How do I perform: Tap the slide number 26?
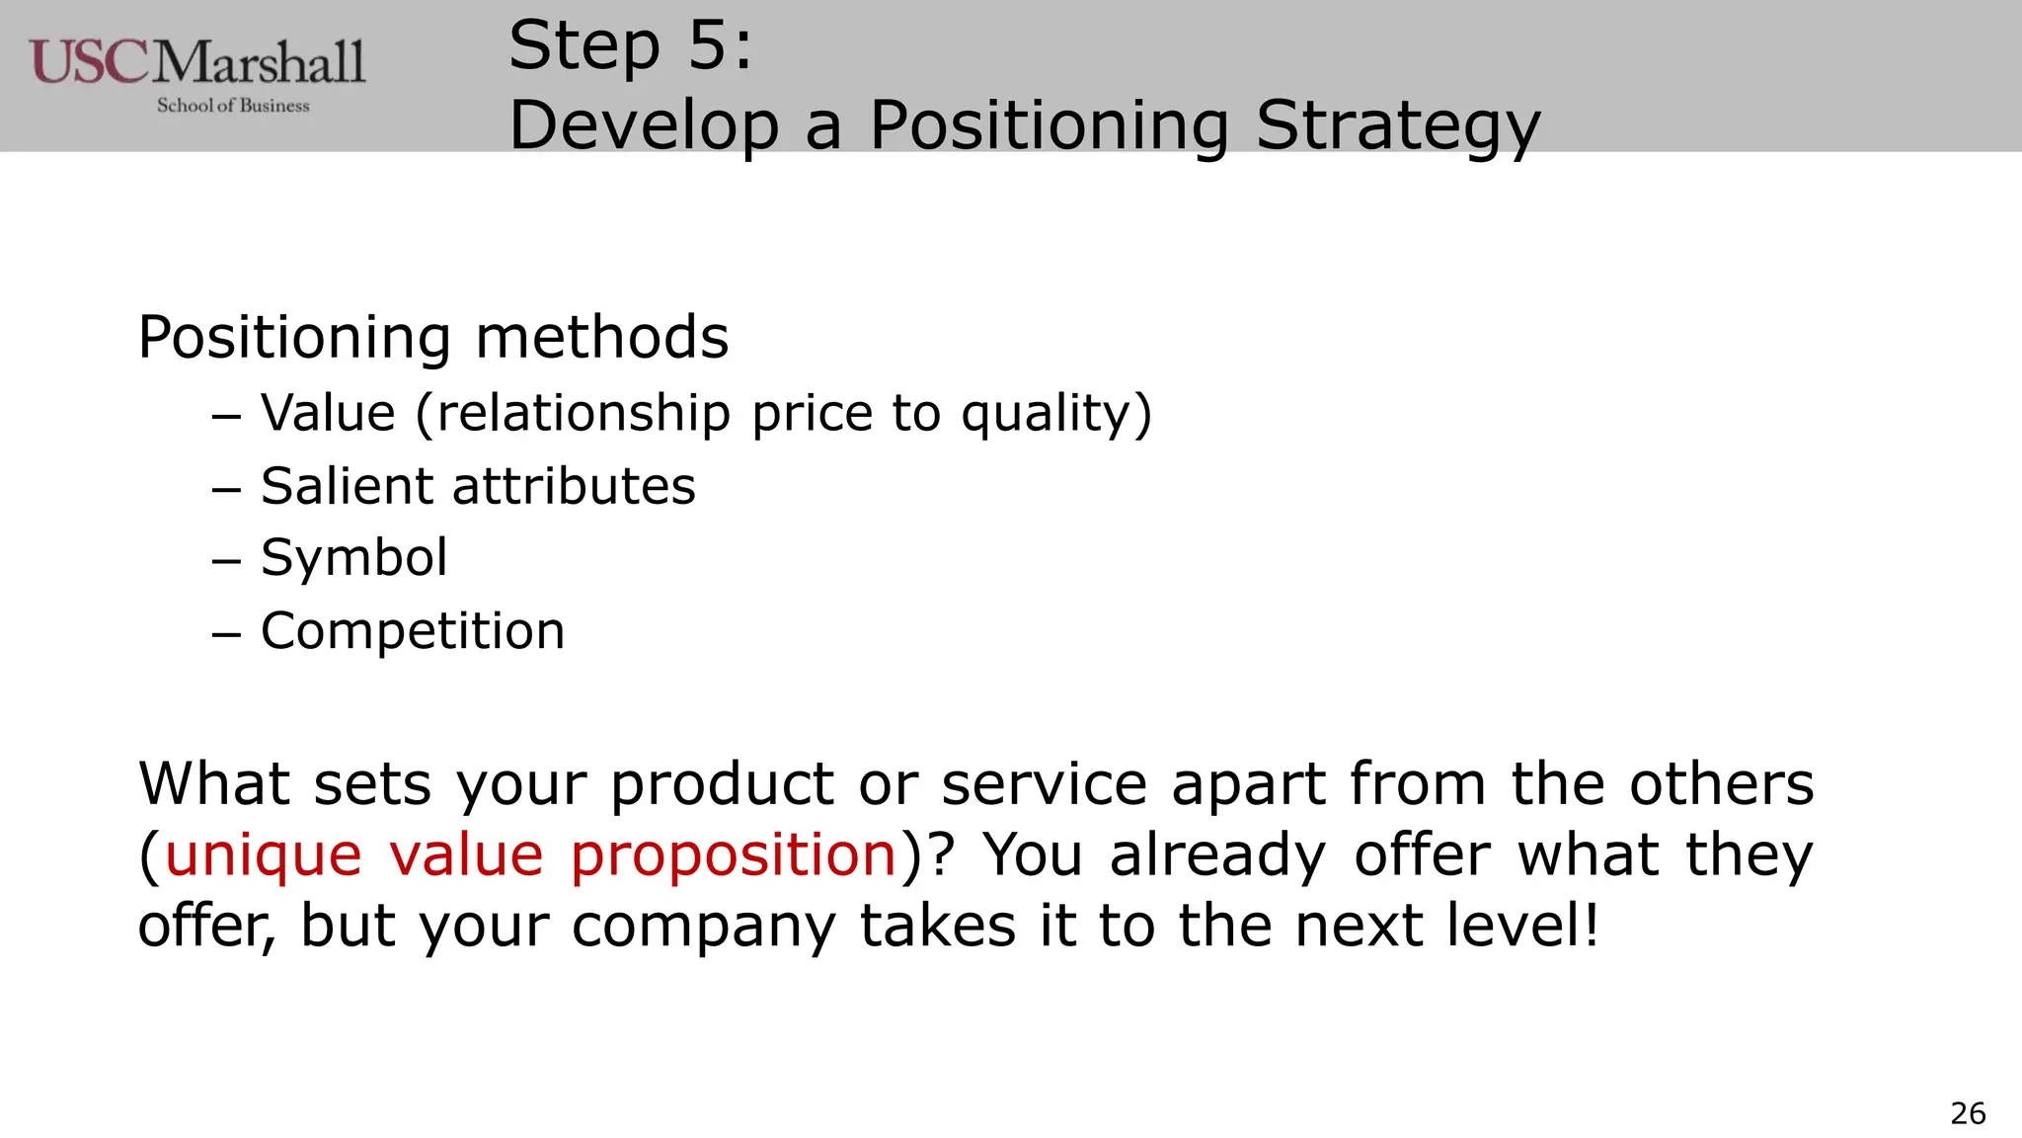click(1968, 1113)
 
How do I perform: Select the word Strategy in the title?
click(1397, 126)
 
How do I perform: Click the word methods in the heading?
click(601, 338)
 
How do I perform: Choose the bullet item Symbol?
click(353, 558)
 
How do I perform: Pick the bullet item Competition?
click(412, 631)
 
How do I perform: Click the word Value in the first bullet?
click(328, 413)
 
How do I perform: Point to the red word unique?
click(263, 854)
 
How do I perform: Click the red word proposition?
click(734, 854)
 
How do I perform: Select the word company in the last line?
click(703, 927)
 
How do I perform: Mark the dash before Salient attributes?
click(226, 488)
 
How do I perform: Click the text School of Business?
click(233, 106)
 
